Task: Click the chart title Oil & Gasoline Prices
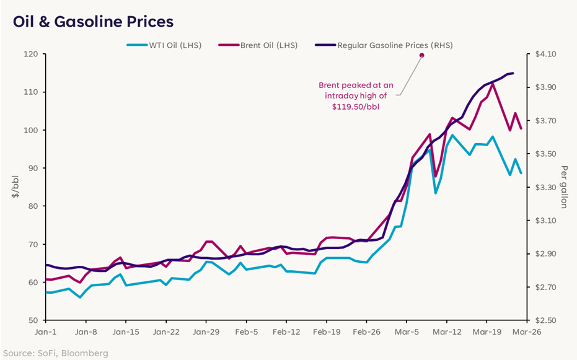(93, 22)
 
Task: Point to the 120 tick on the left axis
(30, 55)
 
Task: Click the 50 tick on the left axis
(33, 320)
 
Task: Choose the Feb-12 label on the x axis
(286, 332)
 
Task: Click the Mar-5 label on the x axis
(406, 332)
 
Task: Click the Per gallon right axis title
(564, 187)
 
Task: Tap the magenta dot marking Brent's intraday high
(421, 55)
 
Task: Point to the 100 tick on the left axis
(30, 130)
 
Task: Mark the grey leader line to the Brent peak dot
(409, 76)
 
